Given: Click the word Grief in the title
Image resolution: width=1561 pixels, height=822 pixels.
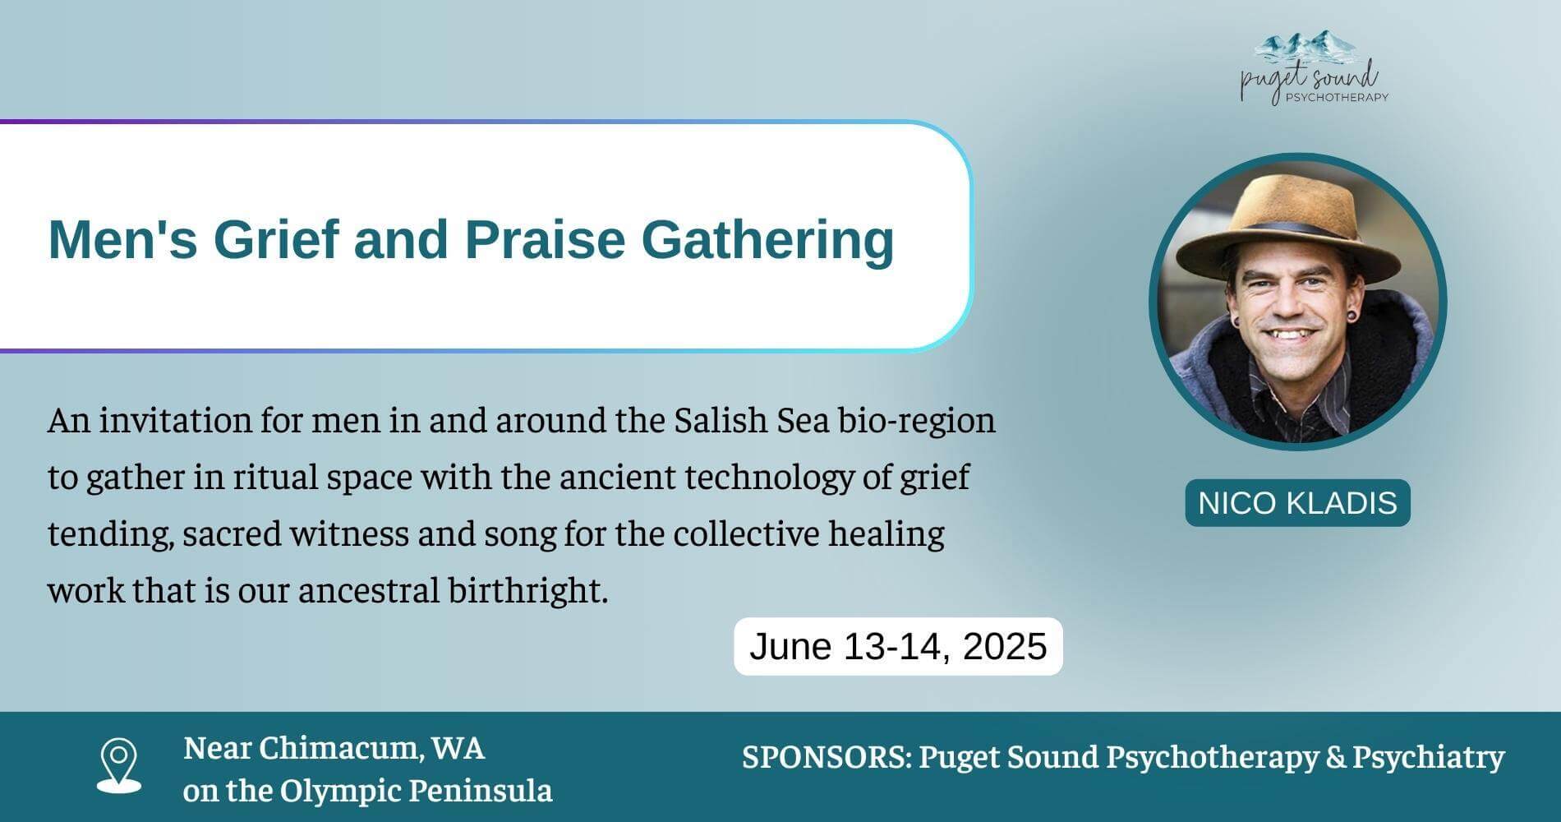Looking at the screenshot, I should click(275, 240).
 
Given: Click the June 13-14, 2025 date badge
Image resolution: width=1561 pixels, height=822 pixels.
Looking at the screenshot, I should click(898, 646).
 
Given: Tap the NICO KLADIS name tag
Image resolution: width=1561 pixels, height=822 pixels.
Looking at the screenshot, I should click(1297, 502).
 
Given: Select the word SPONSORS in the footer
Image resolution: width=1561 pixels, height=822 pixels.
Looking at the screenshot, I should click(826, 756).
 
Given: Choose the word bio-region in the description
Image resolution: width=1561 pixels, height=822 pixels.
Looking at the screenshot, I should click(916, 420).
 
